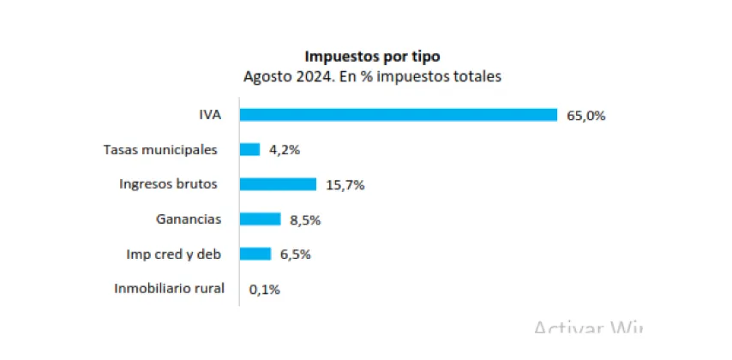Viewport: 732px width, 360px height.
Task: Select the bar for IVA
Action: pyautogui.click(x=398, y=115)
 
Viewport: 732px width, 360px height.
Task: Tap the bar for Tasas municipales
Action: pyautogui.click(x=249, y=149)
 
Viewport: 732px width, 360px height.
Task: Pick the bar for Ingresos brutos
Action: pyautogui.click(x=278, y=184)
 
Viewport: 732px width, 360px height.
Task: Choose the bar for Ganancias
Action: pyautogui.click(x=260, y=219)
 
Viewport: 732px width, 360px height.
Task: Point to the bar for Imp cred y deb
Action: pyautogui.click(x=255, y=254)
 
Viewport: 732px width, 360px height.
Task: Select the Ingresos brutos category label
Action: pyautogui.click(x=168, y=184)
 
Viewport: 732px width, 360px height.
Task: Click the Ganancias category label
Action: pyautogui.click(x=189, y=219)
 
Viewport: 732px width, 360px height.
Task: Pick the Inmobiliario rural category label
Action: pyautogui.click(x=169, y=289)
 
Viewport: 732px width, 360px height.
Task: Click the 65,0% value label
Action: pyautogui.click(x=585, y=115)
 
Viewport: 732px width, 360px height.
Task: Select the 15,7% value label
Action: pyautogui.click(x=344, y=184)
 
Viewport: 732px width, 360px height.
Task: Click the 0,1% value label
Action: pyautogui.click(x=264, y=289)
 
